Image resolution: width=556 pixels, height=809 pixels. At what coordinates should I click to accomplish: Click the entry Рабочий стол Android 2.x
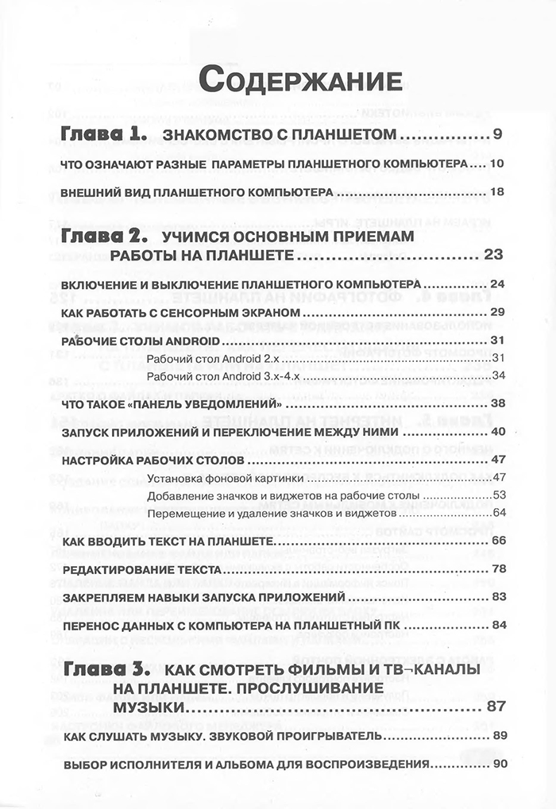point(207,359)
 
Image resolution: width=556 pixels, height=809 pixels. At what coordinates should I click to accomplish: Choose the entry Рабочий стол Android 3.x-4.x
point(218,376)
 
